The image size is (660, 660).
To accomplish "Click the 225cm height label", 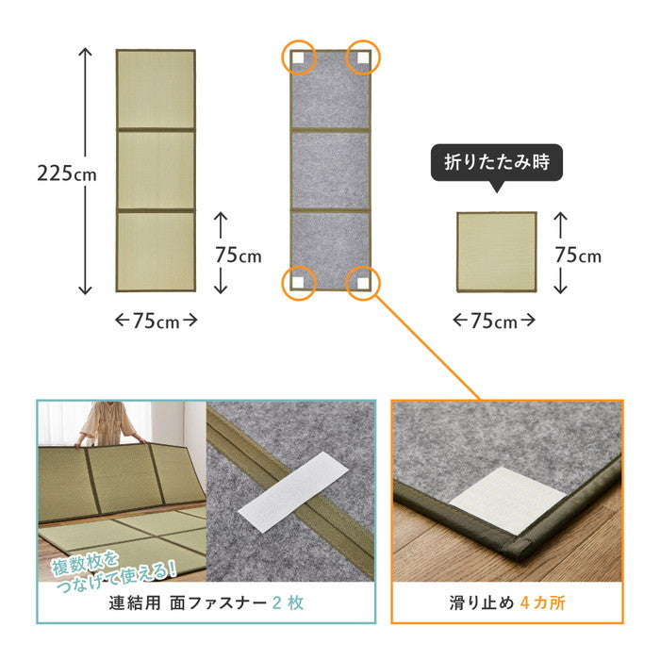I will pyautogui.click(x=67, y=173).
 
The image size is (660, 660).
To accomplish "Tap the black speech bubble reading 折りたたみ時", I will pyautogui.click(x=496, y=163).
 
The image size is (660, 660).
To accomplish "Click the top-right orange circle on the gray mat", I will pyautogui.click(x=362, y=58).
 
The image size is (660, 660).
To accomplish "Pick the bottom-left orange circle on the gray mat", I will pyautogui.click(x=298, y=282).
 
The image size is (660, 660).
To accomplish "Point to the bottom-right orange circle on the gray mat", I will pyautogui.click(x=362, y=282).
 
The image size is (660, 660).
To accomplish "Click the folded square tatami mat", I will pyautogui.click(x=496, y=254).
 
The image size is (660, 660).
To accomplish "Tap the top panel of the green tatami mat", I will pyautogui.click(x=155, y=90).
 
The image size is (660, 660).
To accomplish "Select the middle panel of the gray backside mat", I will pyautogui.click(x=330, y=170).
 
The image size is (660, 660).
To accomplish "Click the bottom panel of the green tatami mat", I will pyautogui.click(x=155, y=250).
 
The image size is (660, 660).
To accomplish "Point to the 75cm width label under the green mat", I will pyautogui.click(x=156, y=321).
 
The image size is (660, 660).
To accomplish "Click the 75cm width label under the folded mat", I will pyautogui.click(x=495, y=321).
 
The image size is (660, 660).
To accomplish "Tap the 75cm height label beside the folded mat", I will pyautogui.click(x=578, y=255).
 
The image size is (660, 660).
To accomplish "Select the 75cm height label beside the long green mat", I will pyautogui.click(x=239, y=255).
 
